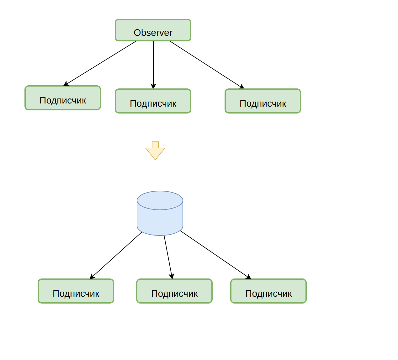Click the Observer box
(x=153, y=30)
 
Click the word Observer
(x=153, y=33)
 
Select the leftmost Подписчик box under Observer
(x=63, y=98)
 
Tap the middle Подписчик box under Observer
(x=153, y=101)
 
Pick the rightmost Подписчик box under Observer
(x=263, y=101)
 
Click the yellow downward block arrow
(x=155, y=151)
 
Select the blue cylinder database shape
(x=160, y=213)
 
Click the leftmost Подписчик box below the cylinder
(x=76, y=291)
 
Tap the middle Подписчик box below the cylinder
(x=174, y=291)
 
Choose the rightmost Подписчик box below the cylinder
(x=268, y=291)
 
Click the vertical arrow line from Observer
(x=153, y=65)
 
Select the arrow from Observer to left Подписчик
(x=100, y=64)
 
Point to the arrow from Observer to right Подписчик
(x=207, y=65)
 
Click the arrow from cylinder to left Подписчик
(x=116, y=256)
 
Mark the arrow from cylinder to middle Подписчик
(x=168, y=257)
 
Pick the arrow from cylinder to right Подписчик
(x=216, y=255)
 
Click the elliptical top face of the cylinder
(x=160, y=200)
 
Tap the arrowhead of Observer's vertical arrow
(x=153, y=86)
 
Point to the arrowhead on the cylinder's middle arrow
(x=172, y=277)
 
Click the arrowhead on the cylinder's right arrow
(x=249, y=277)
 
